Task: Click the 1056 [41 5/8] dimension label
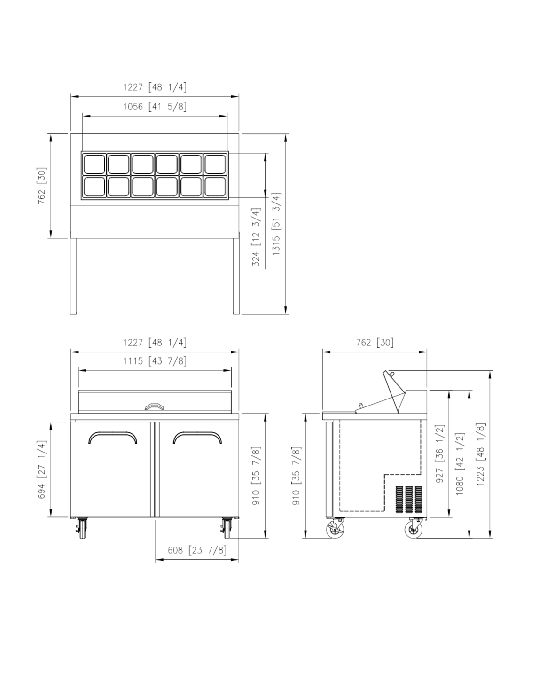click(155, 107)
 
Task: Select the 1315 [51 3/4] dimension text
click(276, 224)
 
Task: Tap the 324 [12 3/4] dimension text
click(256, 237)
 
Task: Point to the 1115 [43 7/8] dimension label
click(155, 361)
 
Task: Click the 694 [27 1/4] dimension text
click(42, 469)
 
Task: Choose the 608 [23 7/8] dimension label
click(197, 550)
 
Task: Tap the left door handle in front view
click(113, 433)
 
